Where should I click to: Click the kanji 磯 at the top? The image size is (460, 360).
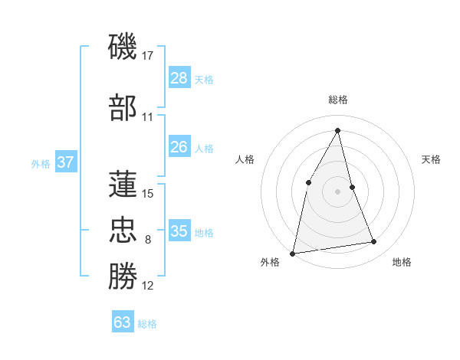[x=123, y=48]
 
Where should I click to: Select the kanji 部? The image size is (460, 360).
[x=123, y=108]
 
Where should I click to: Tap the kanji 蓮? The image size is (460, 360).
[x=123, y=184]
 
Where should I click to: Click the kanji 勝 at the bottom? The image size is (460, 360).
[x=123, y=276]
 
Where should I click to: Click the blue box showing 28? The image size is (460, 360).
[x=179, y=78]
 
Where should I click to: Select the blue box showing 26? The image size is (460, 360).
[x=179, y=148]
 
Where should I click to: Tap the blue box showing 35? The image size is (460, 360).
[x=179, y=231]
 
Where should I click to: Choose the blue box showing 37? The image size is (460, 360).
[x=65, y=162]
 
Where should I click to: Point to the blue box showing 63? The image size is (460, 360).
[x=123, y=322]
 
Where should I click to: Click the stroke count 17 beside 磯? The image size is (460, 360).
[x=149, y=56]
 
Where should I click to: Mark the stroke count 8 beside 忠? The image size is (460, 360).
[x=148, y=240]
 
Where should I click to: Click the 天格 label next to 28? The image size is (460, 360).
[x=204, y=79]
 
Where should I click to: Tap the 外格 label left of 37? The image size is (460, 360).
[x=41, y=163]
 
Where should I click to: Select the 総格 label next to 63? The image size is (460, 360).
[x=147, y=324]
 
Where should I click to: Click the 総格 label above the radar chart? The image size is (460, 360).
[x=337, y=100]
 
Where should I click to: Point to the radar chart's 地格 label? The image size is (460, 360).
[x=402, y=262]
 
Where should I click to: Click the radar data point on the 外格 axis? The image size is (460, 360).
[x=293, y=253]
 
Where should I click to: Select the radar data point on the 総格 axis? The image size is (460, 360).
[x=337, y=129]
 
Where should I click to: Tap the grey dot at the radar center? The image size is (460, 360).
[x=337, y=191]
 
